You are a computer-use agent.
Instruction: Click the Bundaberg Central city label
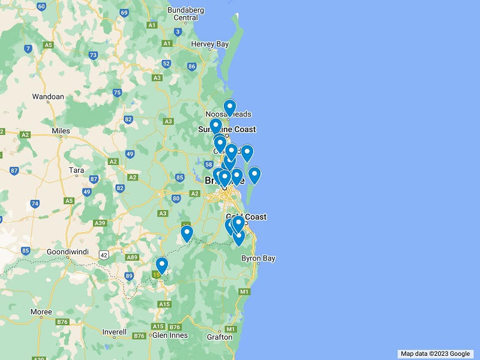186,14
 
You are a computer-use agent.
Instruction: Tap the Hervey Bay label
210,44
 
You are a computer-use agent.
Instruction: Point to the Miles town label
61,131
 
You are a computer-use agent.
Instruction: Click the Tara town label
76,170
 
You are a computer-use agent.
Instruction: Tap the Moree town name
41,313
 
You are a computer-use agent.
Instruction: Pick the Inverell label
114,331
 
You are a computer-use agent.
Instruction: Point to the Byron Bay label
258,259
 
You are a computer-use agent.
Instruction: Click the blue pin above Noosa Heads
230,108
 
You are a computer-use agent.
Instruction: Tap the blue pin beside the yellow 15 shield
161,265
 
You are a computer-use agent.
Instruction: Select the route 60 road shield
41,7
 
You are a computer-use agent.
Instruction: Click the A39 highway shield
100,223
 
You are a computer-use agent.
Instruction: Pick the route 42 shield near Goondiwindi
104,255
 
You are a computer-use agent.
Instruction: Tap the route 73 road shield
93,55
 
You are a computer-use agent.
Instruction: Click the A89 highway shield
131,257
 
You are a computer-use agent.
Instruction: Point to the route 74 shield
35,203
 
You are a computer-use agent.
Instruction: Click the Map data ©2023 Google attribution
435,354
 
